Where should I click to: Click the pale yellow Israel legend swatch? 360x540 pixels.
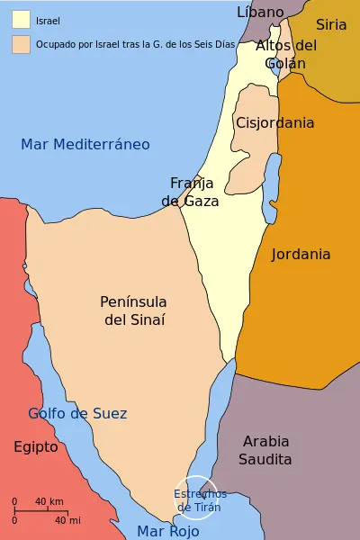click(21, 19)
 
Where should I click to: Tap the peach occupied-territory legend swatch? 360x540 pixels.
click(21, 43)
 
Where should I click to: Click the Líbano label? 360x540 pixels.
click(260, 12)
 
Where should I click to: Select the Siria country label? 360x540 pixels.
click(330, 24)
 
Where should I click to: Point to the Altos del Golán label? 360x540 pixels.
click(286, 54)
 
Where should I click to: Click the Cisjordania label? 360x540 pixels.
click(274, 122)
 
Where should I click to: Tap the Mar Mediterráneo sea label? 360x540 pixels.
click(85, 144)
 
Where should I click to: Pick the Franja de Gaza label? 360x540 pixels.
click(190, 191)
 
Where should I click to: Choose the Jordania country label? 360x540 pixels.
click(301, 254)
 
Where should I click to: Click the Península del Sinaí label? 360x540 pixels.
click(134, 310)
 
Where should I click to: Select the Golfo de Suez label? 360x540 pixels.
click(77, 413)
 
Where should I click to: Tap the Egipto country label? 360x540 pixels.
click(36, 446)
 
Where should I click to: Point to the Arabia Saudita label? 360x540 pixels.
click(265, 450)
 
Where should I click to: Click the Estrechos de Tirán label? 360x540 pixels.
click(200, 500)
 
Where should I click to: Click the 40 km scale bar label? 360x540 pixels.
click(49, 501)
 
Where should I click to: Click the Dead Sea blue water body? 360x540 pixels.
click(268, 202)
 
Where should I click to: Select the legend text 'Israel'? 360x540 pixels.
click(48, 20)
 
